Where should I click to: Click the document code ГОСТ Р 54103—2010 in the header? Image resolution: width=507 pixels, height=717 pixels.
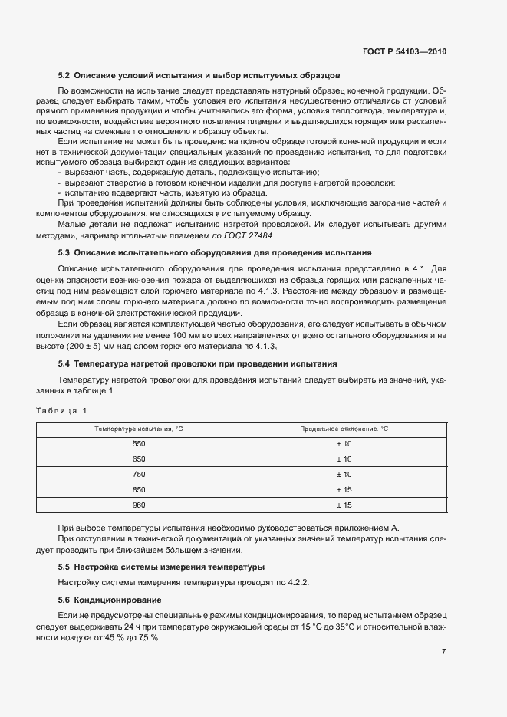[404, 52]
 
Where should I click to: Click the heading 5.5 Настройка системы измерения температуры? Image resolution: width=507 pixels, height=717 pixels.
[162, 567]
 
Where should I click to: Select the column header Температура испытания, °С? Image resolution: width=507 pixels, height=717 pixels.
[139, 429]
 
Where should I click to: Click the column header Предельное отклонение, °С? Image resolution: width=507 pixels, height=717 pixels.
[344, 429]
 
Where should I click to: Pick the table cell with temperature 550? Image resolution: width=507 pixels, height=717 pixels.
[139, 444]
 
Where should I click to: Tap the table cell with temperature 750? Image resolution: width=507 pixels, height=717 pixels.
[139, 475]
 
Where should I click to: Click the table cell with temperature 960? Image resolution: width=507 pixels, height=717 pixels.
[139, 505]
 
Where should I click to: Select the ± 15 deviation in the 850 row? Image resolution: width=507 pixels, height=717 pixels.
[344, 490]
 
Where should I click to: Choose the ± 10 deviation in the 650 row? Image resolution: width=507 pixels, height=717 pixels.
[344, 459]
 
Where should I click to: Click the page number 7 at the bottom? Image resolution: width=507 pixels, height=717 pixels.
[444, 652]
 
